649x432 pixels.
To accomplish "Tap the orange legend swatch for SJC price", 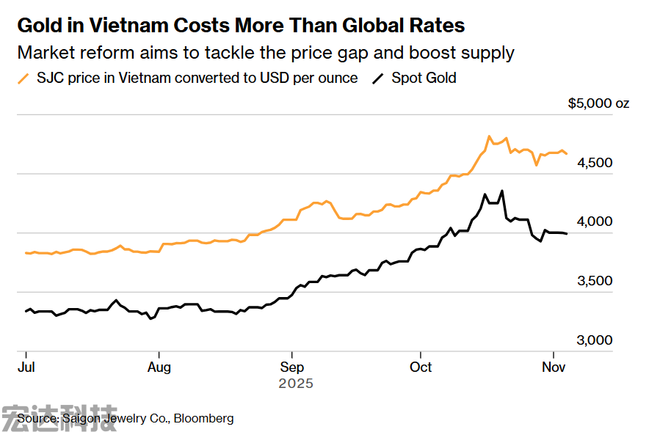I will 24,78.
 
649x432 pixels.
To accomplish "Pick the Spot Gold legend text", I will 424,78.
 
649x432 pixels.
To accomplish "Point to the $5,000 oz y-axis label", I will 598,104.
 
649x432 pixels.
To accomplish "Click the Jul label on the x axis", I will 26,366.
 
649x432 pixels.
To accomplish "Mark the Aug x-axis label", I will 159,366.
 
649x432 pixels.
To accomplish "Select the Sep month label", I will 292,366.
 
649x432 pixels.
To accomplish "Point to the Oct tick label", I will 421,366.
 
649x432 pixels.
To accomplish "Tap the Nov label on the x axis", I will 554,366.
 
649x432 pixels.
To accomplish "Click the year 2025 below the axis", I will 296,384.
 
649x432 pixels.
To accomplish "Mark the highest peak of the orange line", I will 489,136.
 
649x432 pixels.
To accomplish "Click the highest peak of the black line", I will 502,191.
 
